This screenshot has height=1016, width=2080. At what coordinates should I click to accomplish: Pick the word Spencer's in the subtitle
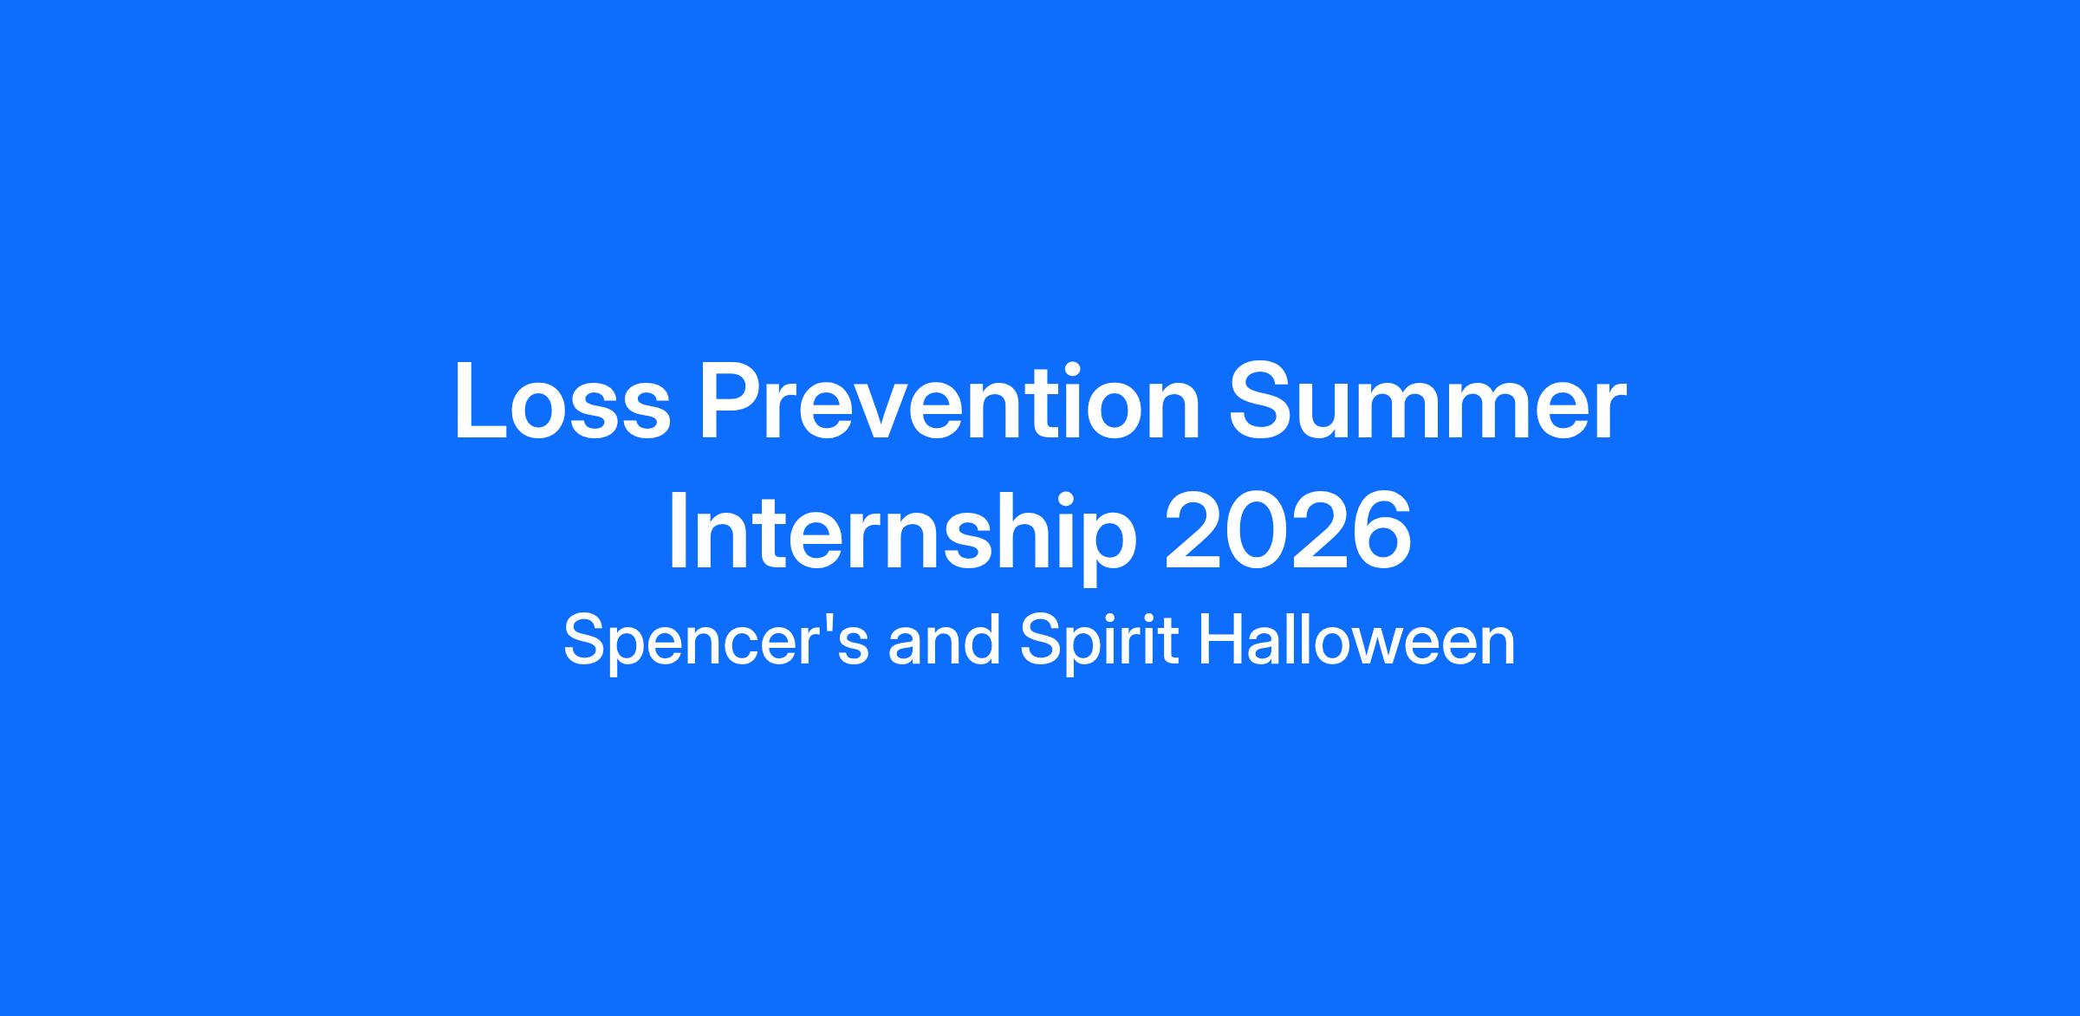[x=716, y=642]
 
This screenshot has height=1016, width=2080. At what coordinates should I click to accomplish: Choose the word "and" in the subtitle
[x=943, y=642]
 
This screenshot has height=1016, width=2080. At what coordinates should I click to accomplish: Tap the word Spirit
[x=1099, y=642]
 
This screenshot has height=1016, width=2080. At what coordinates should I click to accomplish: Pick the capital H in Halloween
[x=1221, y=640]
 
